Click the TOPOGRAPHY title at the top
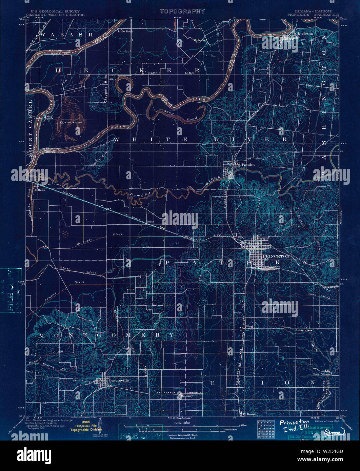pos(182,11)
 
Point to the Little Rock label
pos(125,32)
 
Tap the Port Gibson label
pos(322,375)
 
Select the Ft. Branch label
pos(248,414)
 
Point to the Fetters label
pos(39,185)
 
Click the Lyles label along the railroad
pos(150,222)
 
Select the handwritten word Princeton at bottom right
pos(294,423)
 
